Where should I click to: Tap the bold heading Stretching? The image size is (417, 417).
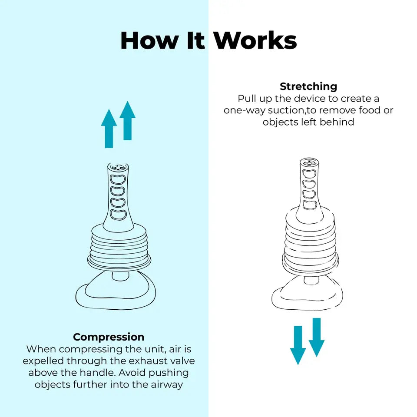pos(308,86)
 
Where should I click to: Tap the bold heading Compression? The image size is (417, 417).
pos(109,337)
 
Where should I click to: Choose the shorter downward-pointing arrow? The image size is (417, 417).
pos(317,337)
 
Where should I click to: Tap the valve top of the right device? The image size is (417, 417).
pos(309,163)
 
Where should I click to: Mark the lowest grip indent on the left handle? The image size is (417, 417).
pos(119,214)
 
